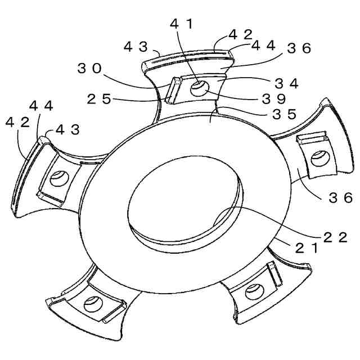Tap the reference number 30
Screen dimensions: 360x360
click(90, 69)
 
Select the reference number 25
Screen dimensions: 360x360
click(100, 100)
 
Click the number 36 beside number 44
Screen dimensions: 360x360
click(299, 48)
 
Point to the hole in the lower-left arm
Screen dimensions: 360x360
click(91, 304)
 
